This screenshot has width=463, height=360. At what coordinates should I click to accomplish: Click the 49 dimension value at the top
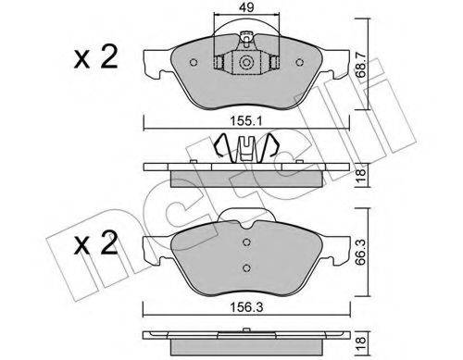tap(246, 7)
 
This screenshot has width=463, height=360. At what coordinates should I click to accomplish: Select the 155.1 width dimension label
tap(246, 121)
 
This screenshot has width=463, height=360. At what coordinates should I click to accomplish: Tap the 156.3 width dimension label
tap(246, 307)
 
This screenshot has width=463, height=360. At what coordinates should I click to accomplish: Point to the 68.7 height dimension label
tap(360, 65)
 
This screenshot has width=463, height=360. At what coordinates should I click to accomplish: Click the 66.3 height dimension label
tap(360, 253)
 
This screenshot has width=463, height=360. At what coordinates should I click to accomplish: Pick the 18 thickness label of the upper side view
tap(360, 175)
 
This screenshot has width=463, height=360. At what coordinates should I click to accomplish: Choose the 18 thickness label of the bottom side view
tap(360, 341)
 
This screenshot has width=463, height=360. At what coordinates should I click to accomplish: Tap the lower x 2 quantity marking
tap(95, 243)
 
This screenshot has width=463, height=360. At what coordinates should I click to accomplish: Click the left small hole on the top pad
tap(194, 63)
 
